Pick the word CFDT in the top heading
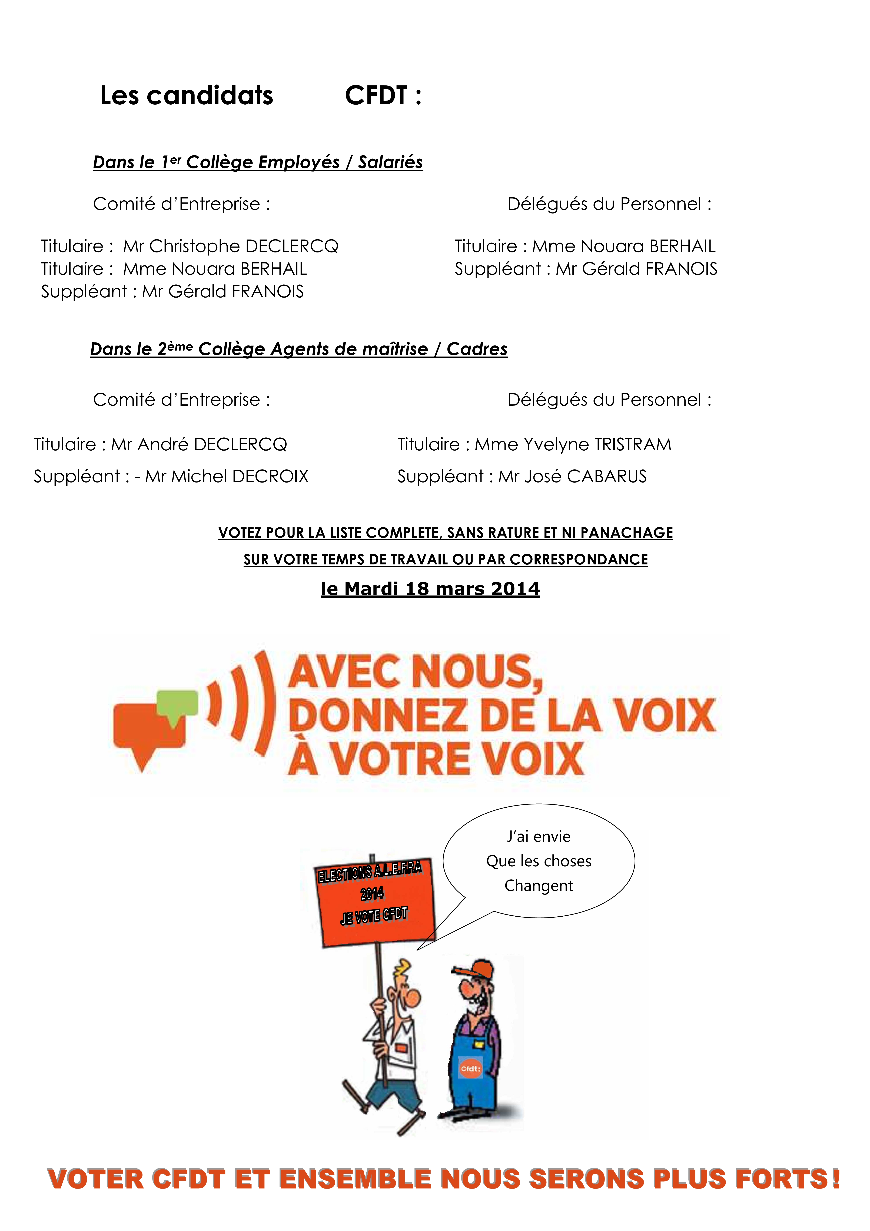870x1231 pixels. pos(376,95)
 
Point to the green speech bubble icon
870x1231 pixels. pos(177,703)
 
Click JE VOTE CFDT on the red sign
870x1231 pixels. pos(374,915)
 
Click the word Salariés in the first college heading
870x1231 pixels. pos(390,162)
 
